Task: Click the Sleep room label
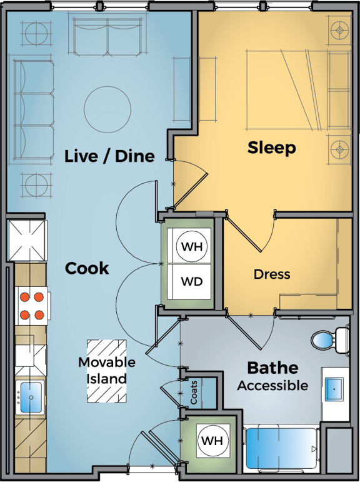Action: pyautogui.click(x=272, y=148)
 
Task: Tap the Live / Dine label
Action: pyautogui.click(x=109, y=156)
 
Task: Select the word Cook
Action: pyautogui.click(x=87, y=268)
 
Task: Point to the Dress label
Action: pyautogui.click(x=272, y=274)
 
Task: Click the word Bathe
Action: pyautogui.click(x=272, y=368)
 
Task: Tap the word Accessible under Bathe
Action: pyautogui.click(x=272, y=386)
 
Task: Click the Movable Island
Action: pyautogui.click(x=107, y=371)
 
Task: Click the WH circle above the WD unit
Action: pyautogui.click(x=192, y=246)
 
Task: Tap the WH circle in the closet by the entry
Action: pyautogui.click(x=212, y=441)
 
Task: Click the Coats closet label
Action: pyautogui.click(x=194, y=392)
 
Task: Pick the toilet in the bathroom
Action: pyautogui.click(x=330, y=340)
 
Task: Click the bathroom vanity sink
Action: pyautogui.click(x=334, y=389)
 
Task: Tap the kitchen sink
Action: pyautogui.click(x=31, y=397)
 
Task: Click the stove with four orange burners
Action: pyautogui.click(x=32, y=306)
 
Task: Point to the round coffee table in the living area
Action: pyautogui.click(x=107, y=109)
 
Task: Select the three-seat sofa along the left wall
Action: pyautogui.click(x=33, y=110)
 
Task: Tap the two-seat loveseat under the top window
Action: pyautogui.click(x=107, y=36)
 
